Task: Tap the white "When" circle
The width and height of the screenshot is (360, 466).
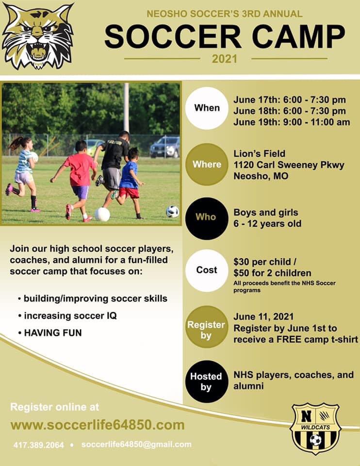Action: tap(207, 108)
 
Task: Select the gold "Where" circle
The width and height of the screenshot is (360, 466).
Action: tap(207, 164)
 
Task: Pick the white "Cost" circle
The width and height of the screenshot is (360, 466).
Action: tap(207, 270)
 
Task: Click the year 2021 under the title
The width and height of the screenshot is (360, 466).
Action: tap(225, 59)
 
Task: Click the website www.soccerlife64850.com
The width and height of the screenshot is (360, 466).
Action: tap(98, 425)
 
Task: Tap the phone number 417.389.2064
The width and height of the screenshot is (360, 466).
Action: tap(38, 445)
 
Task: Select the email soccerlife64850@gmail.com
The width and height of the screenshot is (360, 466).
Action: tap(136, 444)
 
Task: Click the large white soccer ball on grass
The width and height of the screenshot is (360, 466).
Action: tap(102, 214)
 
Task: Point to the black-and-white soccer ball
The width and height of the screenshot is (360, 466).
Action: tap(172, 211)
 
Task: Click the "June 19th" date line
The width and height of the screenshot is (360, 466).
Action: tap(291, 122)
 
